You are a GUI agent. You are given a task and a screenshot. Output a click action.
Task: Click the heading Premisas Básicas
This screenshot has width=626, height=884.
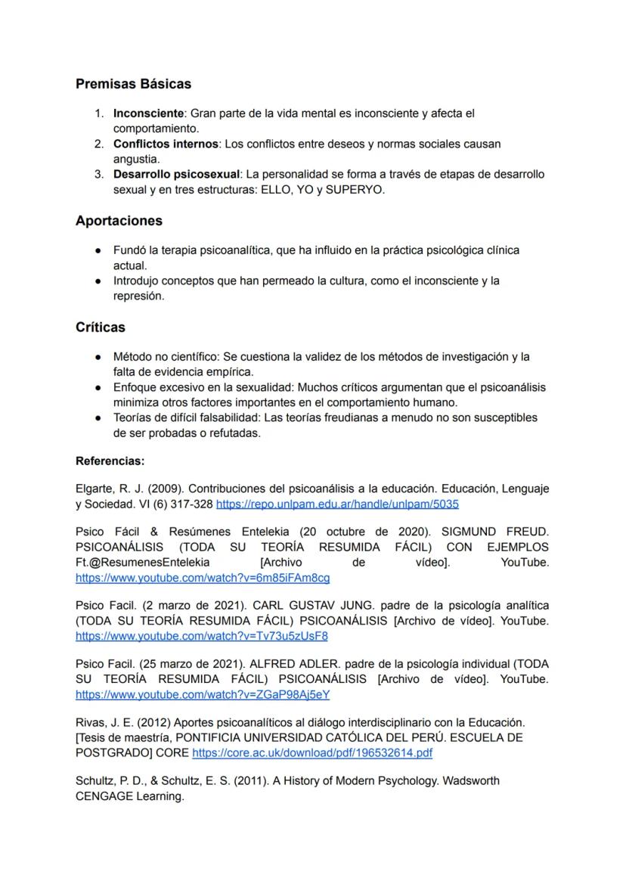click(x=133, y=84)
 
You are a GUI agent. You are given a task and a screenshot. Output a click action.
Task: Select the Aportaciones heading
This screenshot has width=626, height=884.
click(x=119, y=221)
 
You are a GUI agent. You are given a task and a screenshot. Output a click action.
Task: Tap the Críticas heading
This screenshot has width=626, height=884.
click(x=101, y=327)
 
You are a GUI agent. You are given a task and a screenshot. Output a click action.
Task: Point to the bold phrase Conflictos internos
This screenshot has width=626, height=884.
click(x=166, y=144)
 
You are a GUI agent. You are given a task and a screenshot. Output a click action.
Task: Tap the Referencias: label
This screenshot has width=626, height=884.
click(x=110, y=461)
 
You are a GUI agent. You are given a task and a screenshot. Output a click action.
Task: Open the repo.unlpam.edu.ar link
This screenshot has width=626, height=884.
click(x=337, y=504)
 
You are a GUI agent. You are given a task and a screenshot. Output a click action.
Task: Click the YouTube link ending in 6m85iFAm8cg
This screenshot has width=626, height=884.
click(x=203, y=578)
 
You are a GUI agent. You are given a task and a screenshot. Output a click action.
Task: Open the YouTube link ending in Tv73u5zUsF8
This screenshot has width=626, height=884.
click(x=201, y=636)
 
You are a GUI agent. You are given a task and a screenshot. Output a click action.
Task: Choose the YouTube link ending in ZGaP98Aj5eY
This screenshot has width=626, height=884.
click(x=203, y=694)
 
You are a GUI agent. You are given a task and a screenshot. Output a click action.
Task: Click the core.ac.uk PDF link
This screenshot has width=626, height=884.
click(x=312, y=753)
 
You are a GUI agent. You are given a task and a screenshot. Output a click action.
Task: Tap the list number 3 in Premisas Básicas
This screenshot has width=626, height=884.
click(x=98, y=175)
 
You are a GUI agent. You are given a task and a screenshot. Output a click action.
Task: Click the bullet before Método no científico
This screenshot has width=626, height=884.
click(x=98, y=357)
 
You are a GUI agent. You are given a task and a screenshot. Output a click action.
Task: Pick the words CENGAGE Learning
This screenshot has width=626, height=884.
click(x=129, y=796)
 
